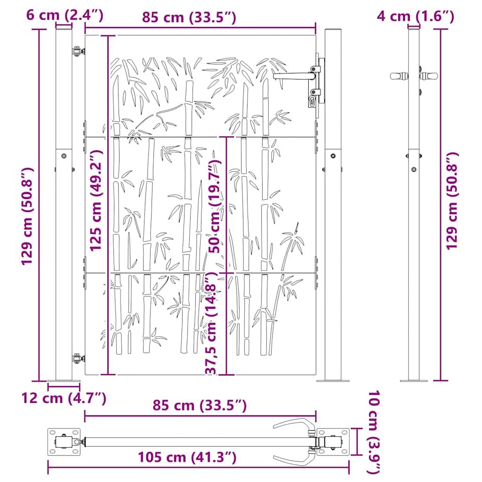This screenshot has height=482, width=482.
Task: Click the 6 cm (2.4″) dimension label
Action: [x=64, y=15]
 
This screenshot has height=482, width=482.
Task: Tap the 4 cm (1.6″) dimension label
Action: [x=415, y=16]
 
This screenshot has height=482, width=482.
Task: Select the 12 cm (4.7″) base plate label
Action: [x=64, y=398]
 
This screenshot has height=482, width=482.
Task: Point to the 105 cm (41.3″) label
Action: [x=187, y=458]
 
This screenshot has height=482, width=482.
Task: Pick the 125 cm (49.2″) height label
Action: [x=96, y=201]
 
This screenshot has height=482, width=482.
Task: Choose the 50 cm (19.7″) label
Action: [x=215, y=207]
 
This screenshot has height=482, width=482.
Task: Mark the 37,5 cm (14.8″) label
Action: [x=211, y=323]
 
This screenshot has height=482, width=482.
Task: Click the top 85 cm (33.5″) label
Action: [x=189, y=17]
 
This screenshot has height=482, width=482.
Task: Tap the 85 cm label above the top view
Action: [x=200, y=406]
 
